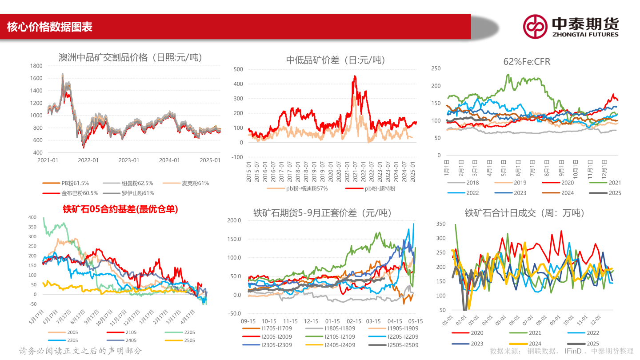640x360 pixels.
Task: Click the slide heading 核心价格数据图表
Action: [x=49, y=27]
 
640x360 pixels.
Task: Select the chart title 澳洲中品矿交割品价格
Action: [x=130, y=58]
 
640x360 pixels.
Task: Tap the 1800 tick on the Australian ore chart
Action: [x=36, y=66]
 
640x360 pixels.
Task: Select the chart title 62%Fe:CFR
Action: [x=527, y=62]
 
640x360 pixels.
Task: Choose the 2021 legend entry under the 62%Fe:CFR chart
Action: [x=615, y=183]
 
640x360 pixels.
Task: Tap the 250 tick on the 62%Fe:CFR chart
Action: [x=436, y=68]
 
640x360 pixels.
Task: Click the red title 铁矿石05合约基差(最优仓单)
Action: [x=120, y=209]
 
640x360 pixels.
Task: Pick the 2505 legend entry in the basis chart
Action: [x=189, y=340]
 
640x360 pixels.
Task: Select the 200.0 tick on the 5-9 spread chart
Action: [x=233, y=220]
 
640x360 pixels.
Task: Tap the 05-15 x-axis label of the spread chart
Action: [x=415, y=321]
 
